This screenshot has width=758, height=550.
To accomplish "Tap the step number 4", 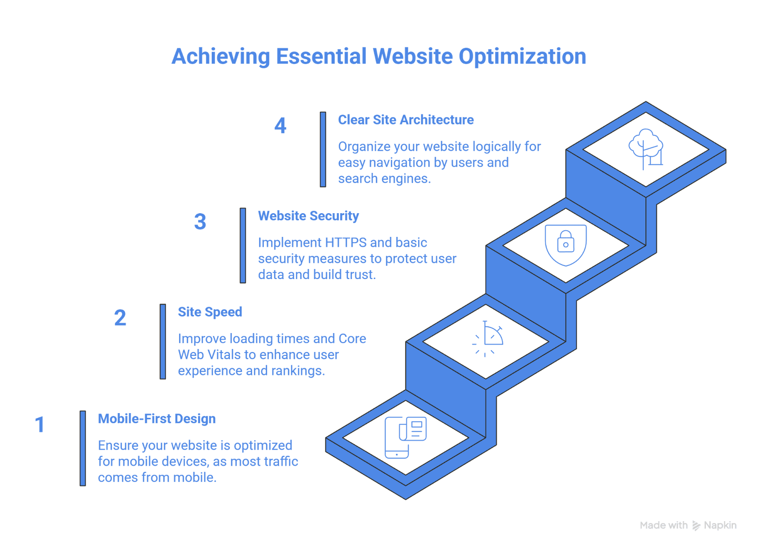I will pyautogui.click(x=280, y=126).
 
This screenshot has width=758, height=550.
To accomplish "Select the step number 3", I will pyautogui.click(x=200, y=222).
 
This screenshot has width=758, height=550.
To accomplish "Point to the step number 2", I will pyautogui.click(x=120, y=317).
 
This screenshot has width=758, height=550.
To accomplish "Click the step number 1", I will pyautogui.click(x=40, y=424).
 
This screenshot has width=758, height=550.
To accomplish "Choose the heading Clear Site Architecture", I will pyautogui.click(x=406, y=120).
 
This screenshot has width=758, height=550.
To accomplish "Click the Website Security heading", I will pyautogui.click(x=308, y=216).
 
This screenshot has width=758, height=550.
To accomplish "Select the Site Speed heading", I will pyautogui.click(x=210, y=312).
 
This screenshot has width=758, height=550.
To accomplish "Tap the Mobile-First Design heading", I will pyautogui.click(x=157, y=419).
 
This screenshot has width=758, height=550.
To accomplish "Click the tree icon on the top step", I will pyautogui.click(x=646, y=148).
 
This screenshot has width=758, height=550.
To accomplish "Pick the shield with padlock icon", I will pyautogui.click(x=566, y=244).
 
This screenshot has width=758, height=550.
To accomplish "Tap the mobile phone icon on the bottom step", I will pyautogui.click(x=405, y=437).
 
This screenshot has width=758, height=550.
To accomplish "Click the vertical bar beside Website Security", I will pyautogui.click(x=243, y=245).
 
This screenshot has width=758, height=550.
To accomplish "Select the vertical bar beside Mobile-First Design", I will pyautogui.click(x=83, y=448).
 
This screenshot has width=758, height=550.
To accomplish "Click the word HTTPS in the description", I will pyautogui.click(x=345, y=243).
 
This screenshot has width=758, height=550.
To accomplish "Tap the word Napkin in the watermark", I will pyautogui.click(x=720, y=525).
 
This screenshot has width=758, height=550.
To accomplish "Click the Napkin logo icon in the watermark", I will pyautogui.click(x=696, y=525).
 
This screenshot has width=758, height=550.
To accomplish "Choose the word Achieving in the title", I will pyautogui.click(x=221, y=57).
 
